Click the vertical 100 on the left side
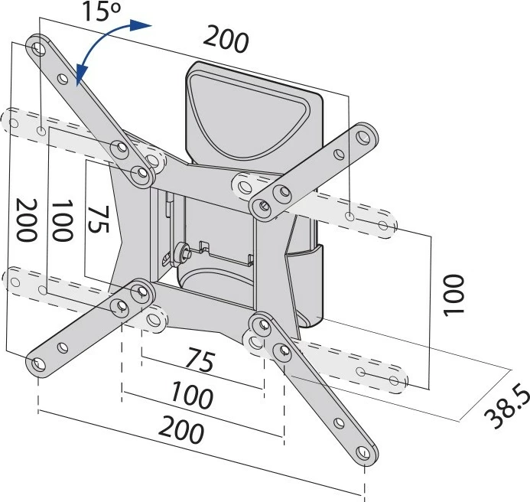coord(63,221)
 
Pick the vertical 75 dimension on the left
coord(96,221)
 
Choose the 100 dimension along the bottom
coord(191,396)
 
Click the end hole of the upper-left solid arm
coord(39,47)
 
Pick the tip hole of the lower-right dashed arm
coord(394,380)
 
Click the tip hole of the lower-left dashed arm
coord(14,282)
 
